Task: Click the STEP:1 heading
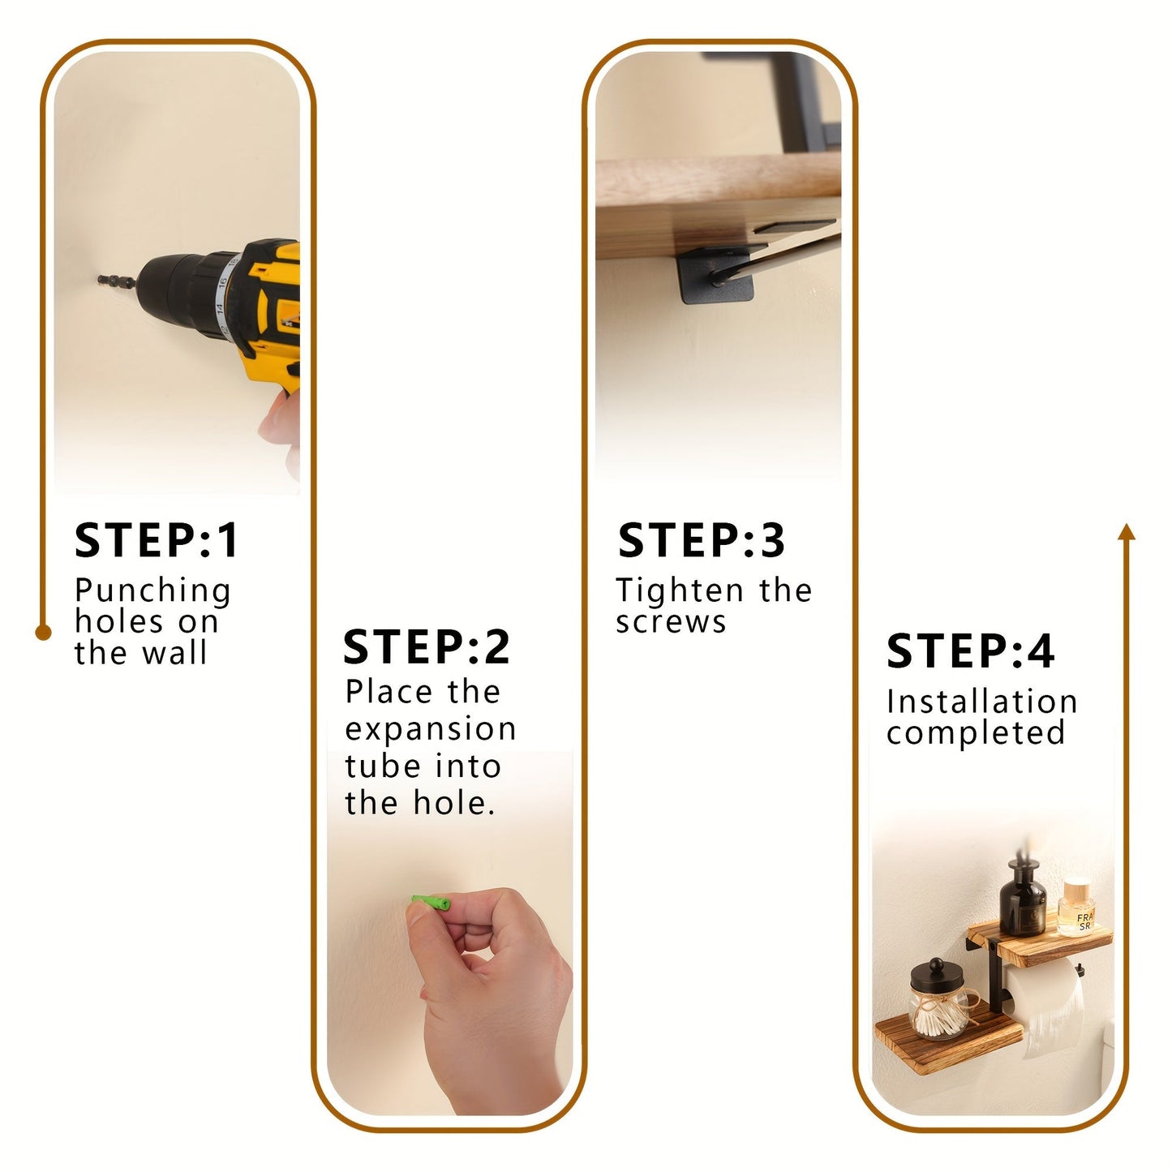tap(157, 541)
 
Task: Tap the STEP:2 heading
tap(427, 647)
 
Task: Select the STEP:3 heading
tap(702, 541)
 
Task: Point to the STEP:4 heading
tap(970, 651)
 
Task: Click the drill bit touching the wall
tap(115, 281)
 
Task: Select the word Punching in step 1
tap(152, 591)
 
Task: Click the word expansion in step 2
tap(430, 729)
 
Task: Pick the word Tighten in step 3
tap(680, 590)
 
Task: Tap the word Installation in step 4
tap(981, 702)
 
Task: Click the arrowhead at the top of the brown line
tap(1126, 532)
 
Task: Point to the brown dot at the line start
tap(44, 633)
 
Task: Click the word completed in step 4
tap(975, 733)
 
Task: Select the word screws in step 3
tap(671, 622)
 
